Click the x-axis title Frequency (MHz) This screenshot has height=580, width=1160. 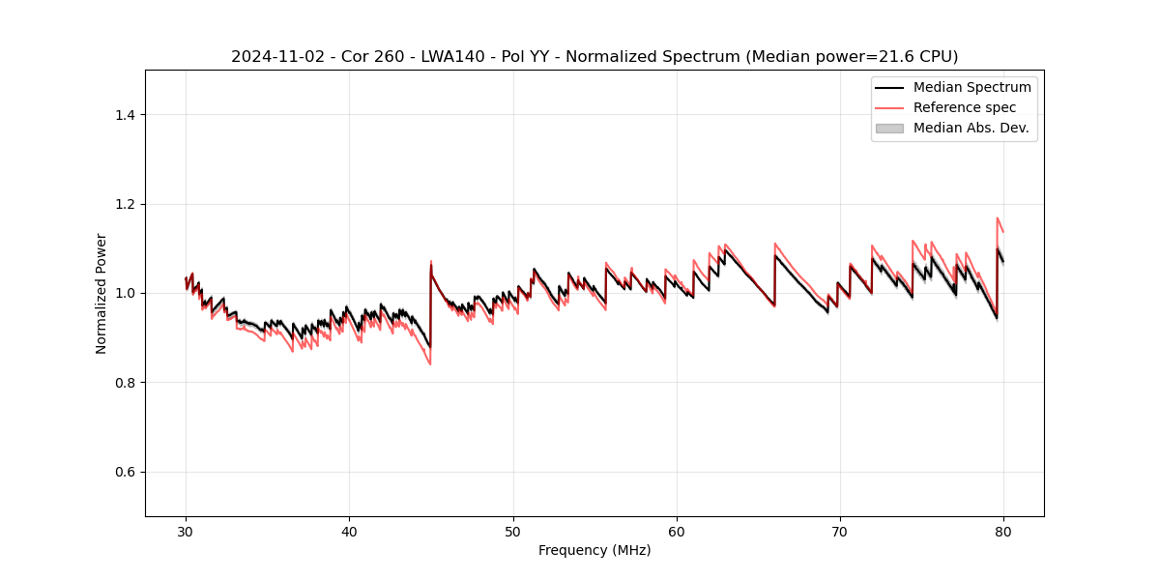tap(594, 550)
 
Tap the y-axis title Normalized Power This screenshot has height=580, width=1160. tap(101, 293)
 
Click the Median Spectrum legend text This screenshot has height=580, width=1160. tap(971, 87)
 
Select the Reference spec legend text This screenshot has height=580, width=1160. tap(965, 107)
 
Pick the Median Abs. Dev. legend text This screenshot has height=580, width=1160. tap(971, 128)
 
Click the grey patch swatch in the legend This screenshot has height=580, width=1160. tap(889, 128)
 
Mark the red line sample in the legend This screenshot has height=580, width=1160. tap(889, 107)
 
